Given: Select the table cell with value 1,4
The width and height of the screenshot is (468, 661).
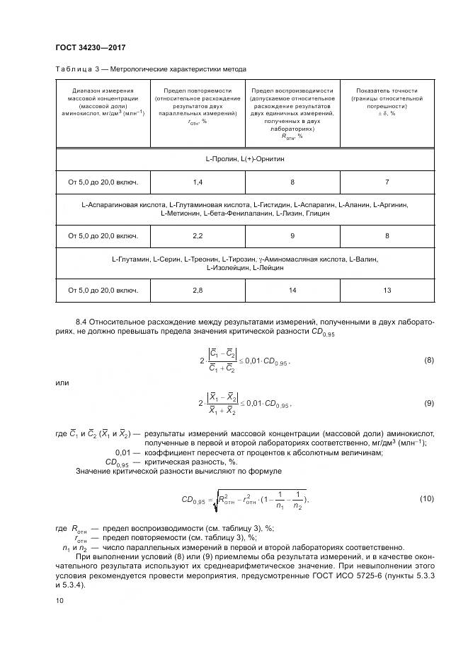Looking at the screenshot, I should (198, 182).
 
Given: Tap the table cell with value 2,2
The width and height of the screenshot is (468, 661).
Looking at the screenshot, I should (198, 235).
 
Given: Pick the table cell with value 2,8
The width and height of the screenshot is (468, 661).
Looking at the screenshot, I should (198, 289).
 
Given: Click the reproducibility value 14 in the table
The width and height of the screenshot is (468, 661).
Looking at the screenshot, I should (292, 289).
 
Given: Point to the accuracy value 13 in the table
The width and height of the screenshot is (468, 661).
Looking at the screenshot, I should (387, 289).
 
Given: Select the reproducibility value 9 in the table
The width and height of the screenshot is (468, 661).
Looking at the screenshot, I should (292, 235).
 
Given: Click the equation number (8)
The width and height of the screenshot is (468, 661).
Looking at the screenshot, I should (428, 361).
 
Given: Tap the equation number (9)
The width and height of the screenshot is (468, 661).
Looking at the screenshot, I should (428, 404).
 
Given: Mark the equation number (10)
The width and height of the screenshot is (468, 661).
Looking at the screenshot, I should (426, 499).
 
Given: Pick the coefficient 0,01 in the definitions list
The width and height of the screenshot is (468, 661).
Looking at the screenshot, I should (122, 452).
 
